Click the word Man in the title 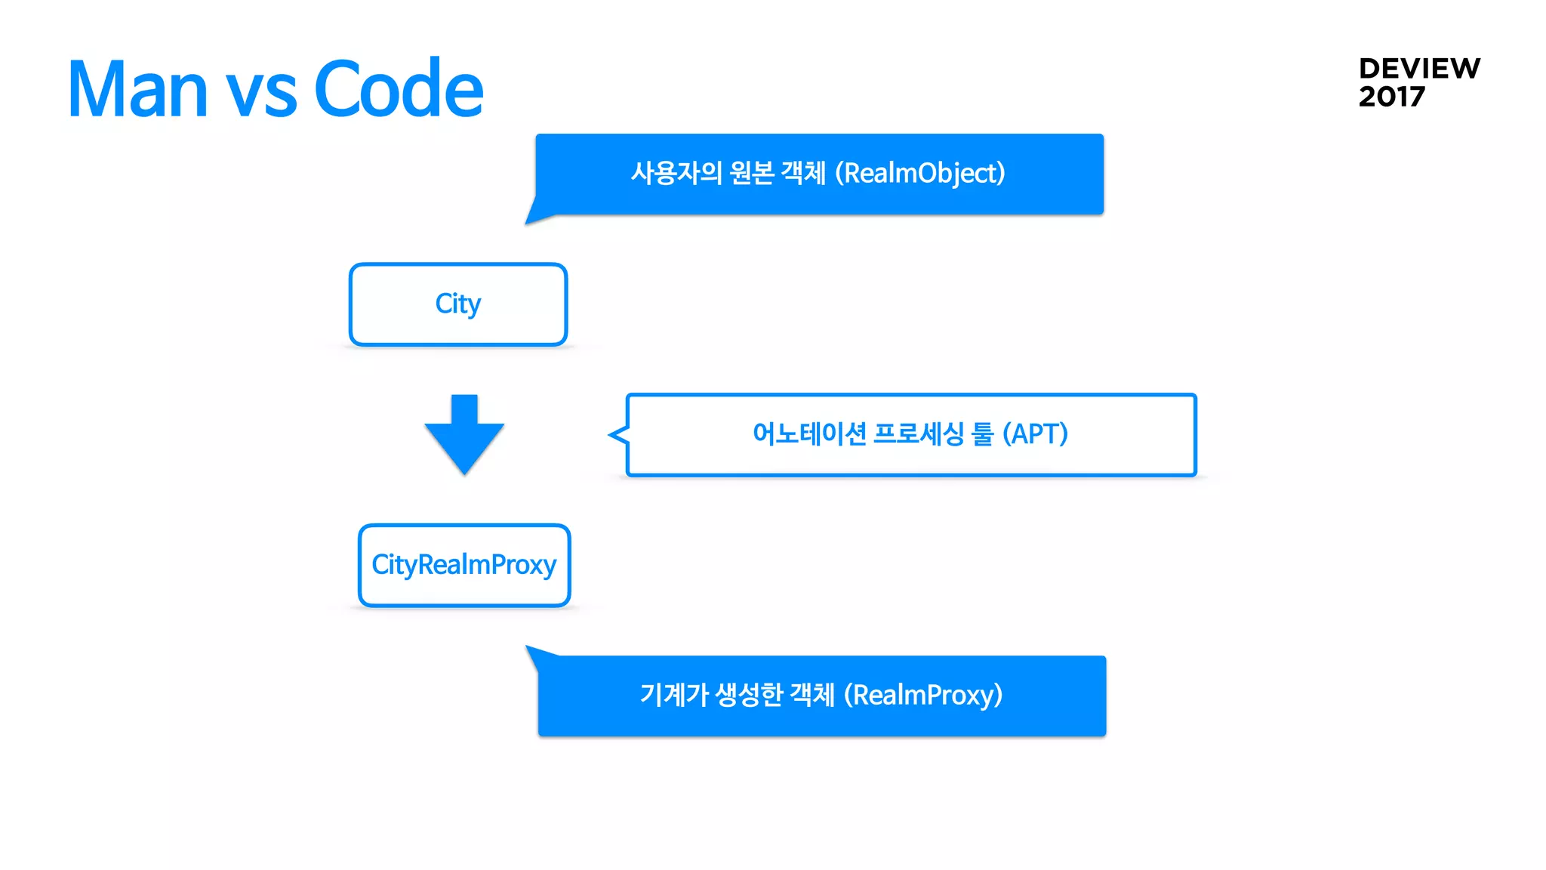pyautogui.click(x=137, y=89)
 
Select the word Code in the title pyautogui.click(x=398, y=89)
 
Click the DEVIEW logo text pyautogui.click(x=1418, y=69)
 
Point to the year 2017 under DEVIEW pyautogui.click(x=1391, y=97)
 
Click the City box pyautogui.click(x=457, y=304)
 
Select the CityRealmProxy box pyautogui.click(x=463, y=565)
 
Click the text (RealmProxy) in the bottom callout pyautogui.click(x=922, y=695)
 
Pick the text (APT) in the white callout pyautogui.click(x=1034, y=434)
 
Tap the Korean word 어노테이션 pyautogui.click(x=809, y=434)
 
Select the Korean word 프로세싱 pyautogui.click(x=918, y=434)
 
